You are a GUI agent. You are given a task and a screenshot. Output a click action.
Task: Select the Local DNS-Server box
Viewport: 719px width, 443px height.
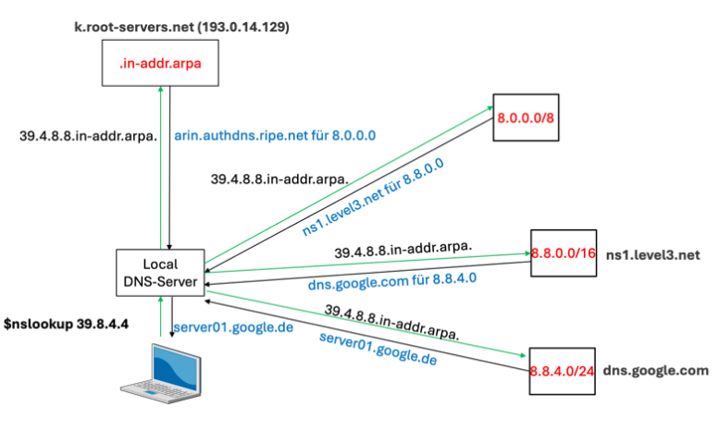(x=160, y=272)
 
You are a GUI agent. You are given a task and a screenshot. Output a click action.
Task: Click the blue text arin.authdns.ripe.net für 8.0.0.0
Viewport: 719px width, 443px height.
(x=274, y=135)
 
